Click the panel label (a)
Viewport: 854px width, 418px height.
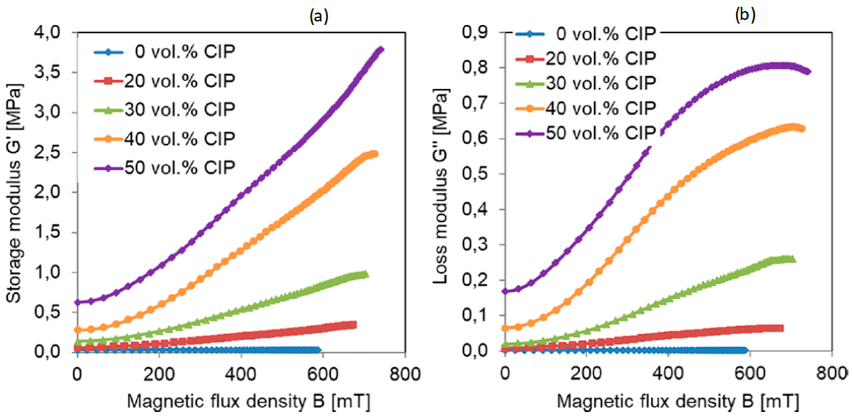(319, 16)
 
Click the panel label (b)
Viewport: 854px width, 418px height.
(745, 15)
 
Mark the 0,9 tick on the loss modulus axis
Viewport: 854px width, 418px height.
(475, 33)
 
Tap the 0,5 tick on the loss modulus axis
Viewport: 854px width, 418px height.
(475, 174)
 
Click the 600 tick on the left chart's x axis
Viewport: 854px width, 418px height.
(322, 374)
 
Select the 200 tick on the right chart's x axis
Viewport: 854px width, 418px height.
(586, 374)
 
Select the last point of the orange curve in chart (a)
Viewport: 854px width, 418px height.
(375, 154)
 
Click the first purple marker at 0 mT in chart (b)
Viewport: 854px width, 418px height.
(505, 291)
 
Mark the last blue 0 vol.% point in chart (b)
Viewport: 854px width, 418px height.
(745, 350)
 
